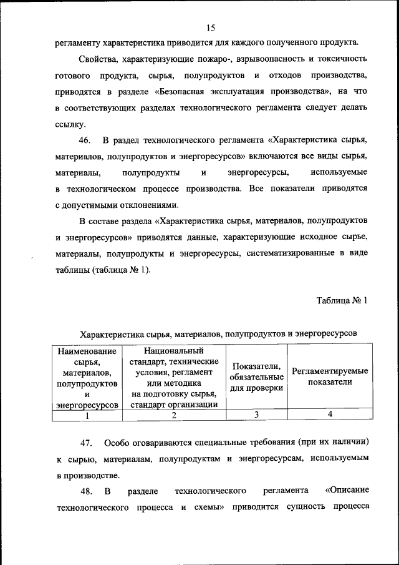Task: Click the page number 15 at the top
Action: tap(210, 27)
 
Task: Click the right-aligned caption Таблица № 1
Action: tap(342, 300)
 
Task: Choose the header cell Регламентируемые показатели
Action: tap(330, 376)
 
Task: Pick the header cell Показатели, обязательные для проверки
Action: tap(256, 376)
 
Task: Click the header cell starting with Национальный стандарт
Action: tap(174, 376)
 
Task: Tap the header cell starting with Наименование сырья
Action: tap(87, 376)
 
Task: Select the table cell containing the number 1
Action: tap(87, 415)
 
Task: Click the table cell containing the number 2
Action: tap(174, 415)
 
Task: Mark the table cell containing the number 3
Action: tap(256, 415)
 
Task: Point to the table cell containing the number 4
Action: tap(330, 415)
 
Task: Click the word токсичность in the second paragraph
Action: tap(341, 59)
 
